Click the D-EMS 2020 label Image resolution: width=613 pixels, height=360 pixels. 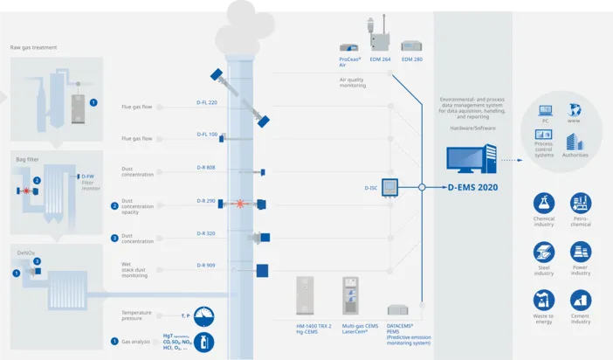[472, 187]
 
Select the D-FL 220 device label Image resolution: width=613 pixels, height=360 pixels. [207, 102]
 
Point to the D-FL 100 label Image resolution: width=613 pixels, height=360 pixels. [207, 135]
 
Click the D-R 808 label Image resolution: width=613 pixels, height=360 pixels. [206, 167]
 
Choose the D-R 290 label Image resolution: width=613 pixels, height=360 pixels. [206, 200]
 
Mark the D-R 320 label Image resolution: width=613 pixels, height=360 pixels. [206, 233]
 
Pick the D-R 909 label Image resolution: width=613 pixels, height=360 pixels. [206, 265]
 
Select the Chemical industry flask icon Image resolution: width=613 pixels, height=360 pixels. [544, 204]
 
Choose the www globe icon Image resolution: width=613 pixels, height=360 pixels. [574, 111]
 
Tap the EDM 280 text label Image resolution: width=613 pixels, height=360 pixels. [412, 59]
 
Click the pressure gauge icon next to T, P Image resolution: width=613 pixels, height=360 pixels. [202, 315]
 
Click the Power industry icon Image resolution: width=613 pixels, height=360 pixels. [581, 253]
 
